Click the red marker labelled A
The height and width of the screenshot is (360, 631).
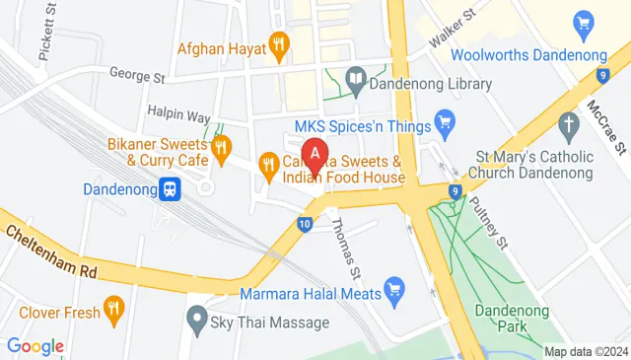315,155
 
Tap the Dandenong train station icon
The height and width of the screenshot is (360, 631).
171,186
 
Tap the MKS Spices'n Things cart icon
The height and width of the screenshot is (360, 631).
445,125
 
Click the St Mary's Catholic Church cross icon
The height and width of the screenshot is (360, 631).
567,125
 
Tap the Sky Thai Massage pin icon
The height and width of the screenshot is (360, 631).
196,321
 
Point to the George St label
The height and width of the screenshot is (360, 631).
136,75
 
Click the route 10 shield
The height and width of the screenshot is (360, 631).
305,226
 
